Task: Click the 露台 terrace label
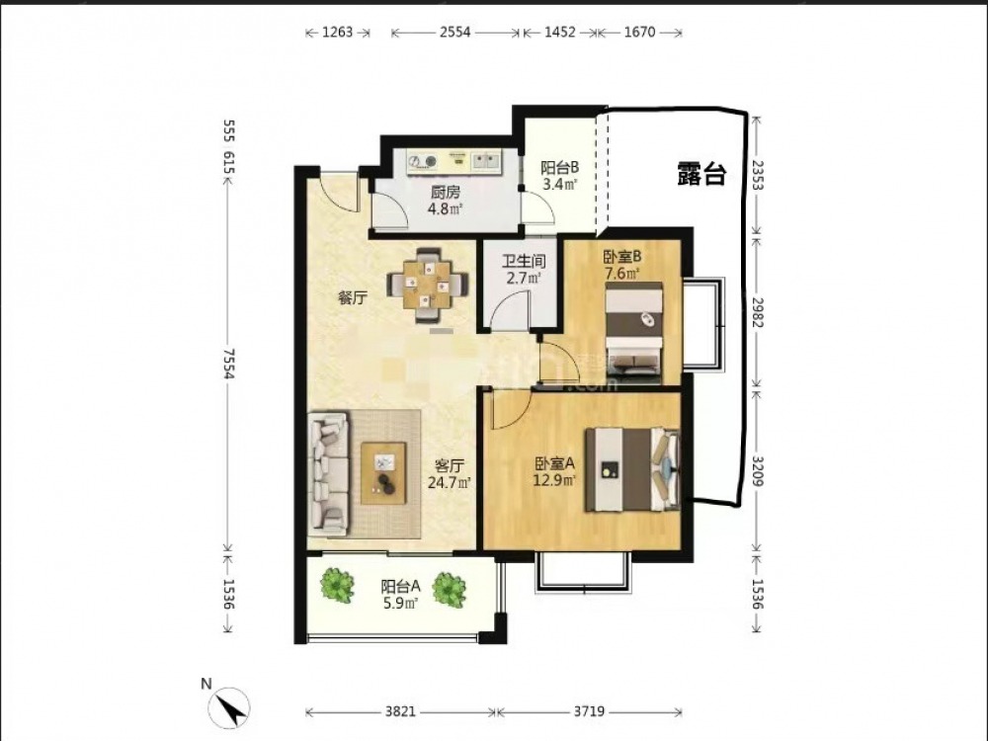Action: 701,174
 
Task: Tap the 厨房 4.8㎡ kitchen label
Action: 446,201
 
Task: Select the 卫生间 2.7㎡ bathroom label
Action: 524,269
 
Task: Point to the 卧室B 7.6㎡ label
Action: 621,265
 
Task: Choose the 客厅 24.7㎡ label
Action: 450,474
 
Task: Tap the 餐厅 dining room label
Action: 353,298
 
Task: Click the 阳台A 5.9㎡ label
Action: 400,595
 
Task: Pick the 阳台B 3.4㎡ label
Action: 559,176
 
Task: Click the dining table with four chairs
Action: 429,286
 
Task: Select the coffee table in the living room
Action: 383,473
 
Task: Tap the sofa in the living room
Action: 328,474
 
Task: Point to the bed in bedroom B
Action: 634,333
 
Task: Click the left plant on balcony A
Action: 337,585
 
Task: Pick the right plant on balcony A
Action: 450,591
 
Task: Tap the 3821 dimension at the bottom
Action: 400,711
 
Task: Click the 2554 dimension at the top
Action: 454,33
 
